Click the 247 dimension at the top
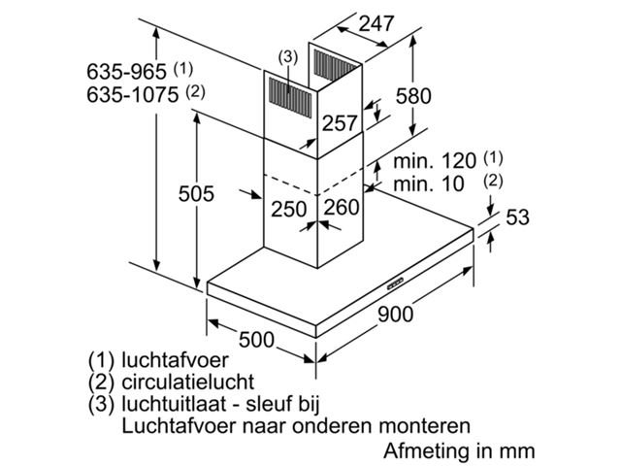[376, 23]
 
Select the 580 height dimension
[413, 96]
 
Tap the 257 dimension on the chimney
[340, 123]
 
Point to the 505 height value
[196, 194]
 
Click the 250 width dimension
[289, 210]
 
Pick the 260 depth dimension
[342, 207]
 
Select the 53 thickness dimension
[517, 217]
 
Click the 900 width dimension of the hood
[395, 315]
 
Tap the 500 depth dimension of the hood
[256, 340]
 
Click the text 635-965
[127, 72]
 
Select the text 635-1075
[133, 95]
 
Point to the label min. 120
[435, 161]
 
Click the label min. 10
[429, 183]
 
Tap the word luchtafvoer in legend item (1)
[175, 360]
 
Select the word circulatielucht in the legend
[187, 382]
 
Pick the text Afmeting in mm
[459, 450]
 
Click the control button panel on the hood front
[395, 283]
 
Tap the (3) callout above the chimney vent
[287, 57]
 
